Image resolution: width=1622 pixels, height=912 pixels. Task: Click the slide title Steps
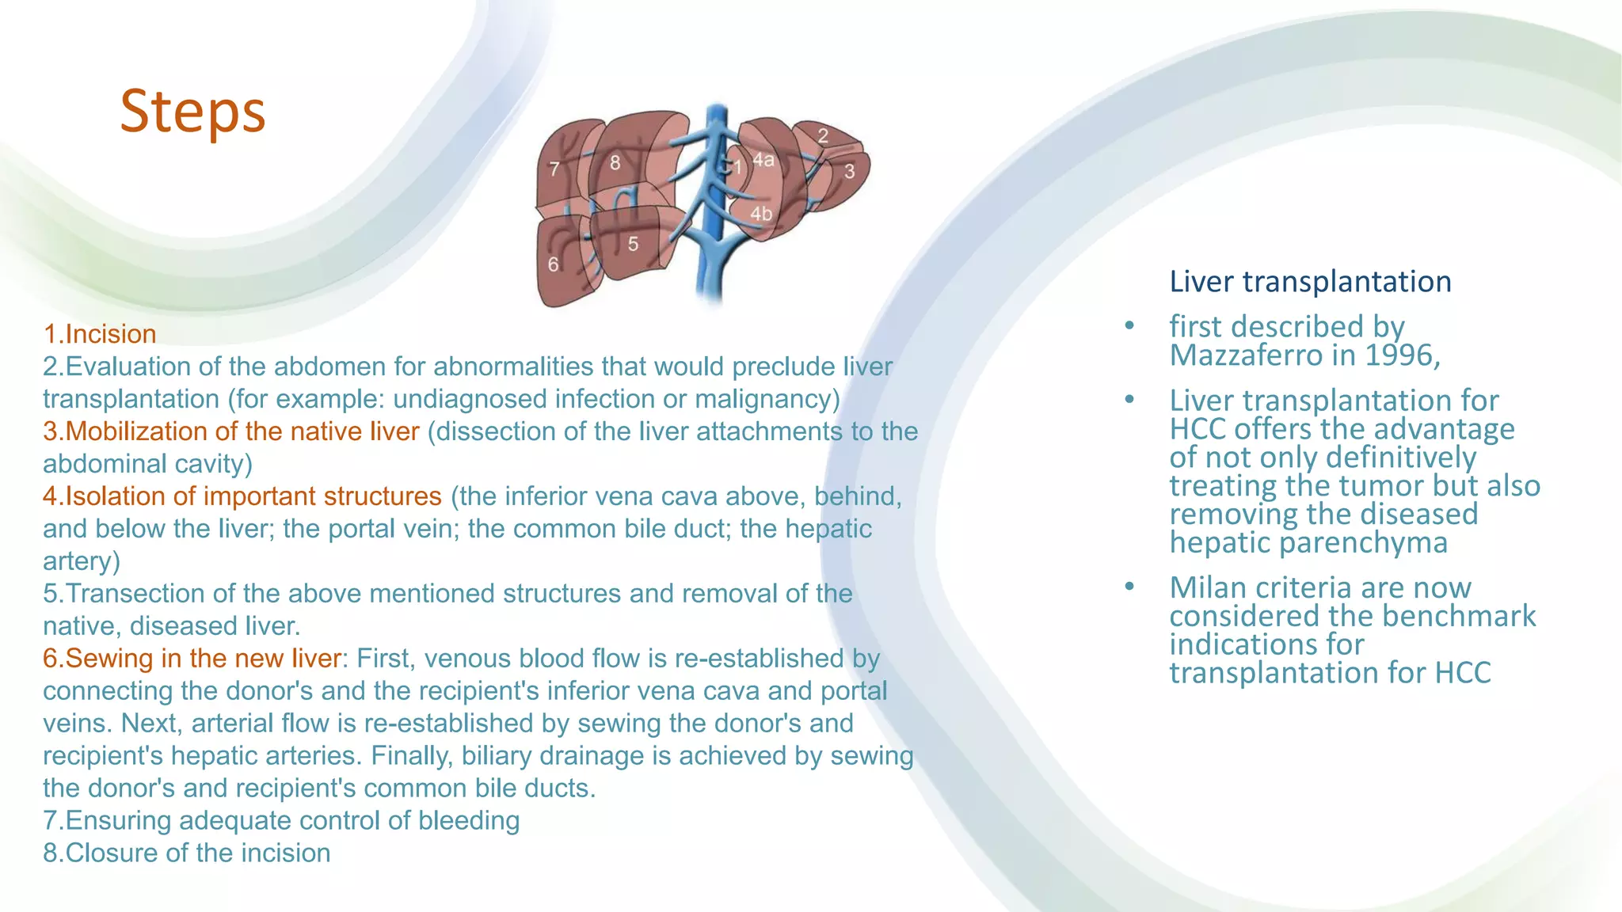(192, 111)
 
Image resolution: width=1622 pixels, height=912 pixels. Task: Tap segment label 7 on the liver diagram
(554, 169)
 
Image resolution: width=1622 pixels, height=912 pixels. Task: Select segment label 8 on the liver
(615, 163)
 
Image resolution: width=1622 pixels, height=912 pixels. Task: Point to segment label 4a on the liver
(763, 160)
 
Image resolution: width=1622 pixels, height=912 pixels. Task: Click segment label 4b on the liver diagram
(761, 214)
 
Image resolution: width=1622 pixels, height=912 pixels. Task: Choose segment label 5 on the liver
(633, 244)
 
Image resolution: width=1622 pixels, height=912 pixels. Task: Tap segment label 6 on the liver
(553, 264)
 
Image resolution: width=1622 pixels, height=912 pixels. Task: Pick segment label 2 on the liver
(823, 136)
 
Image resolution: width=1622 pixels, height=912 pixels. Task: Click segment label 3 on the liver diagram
(849, 171)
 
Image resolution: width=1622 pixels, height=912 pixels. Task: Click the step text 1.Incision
(100, 334)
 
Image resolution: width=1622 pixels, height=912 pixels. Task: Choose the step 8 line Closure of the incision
(187, 853)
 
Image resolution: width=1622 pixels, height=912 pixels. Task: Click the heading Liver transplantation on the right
(1310, 282)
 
